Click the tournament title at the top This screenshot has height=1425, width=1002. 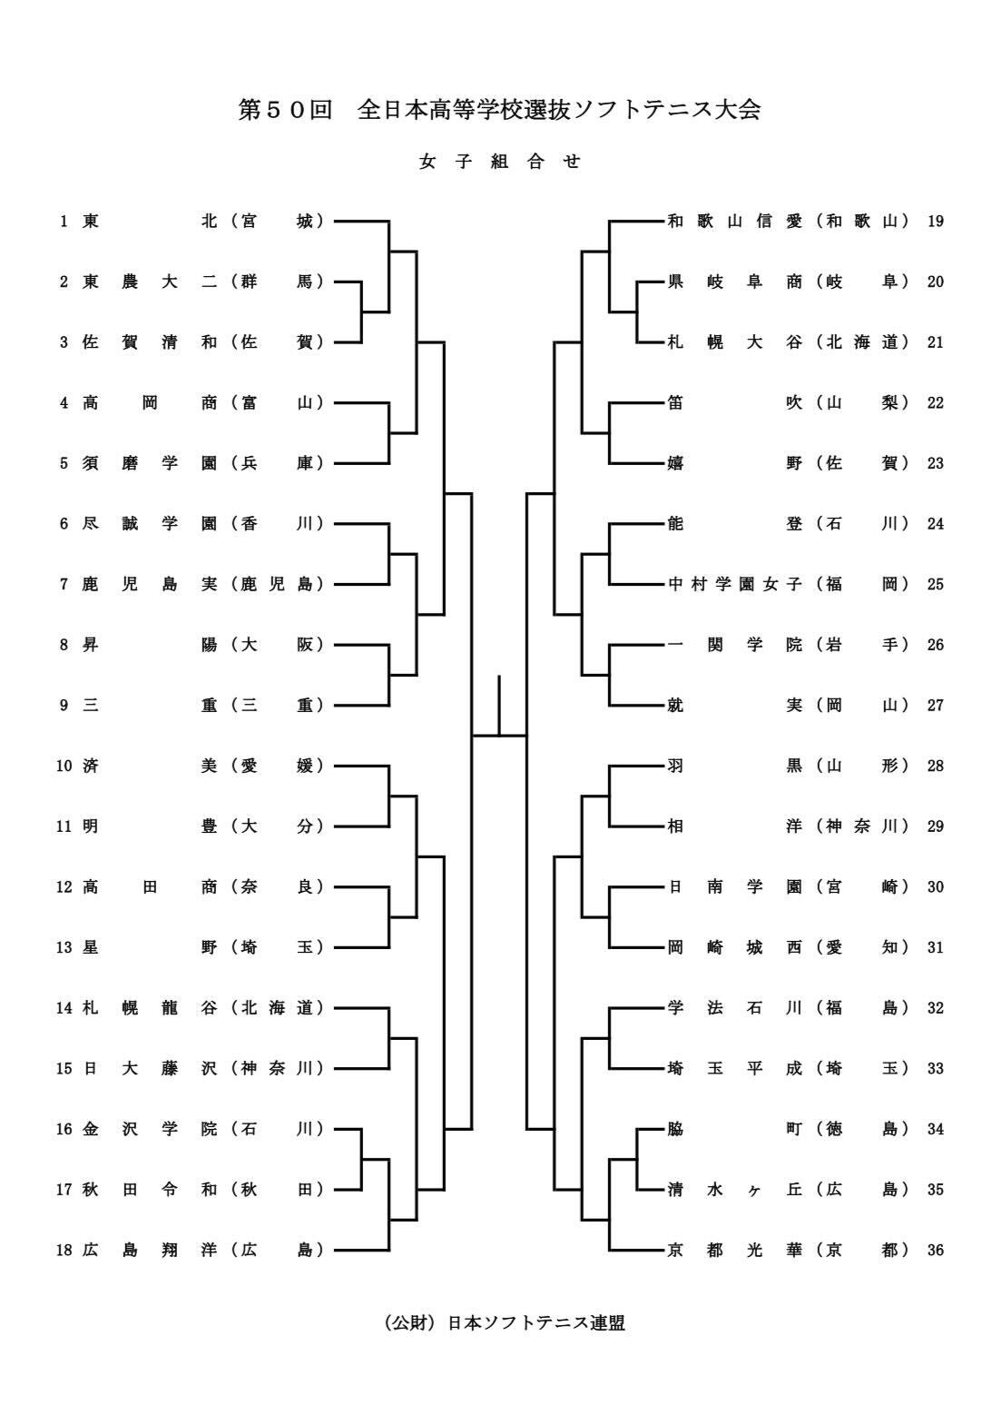coord(499,110)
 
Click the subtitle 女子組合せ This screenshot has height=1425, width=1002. coord(499,162)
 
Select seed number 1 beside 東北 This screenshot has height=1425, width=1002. coord(64,221)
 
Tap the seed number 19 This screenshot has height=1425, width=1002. coord(936,221)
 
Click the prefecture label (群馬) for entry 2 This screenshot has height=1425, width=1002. coord(278,282)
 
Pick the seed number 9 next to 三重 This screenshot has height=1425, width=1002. coord(64,706)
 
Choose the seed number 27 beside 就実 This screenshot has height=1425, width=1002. coord(936,706)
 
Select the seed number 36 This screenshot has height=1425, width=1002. coord(936,1251)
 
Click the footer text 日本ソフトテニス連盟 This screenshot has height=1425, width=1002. coord(535,1323)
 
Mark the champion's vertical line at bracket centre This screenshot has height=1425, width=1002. coord(499,705)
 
